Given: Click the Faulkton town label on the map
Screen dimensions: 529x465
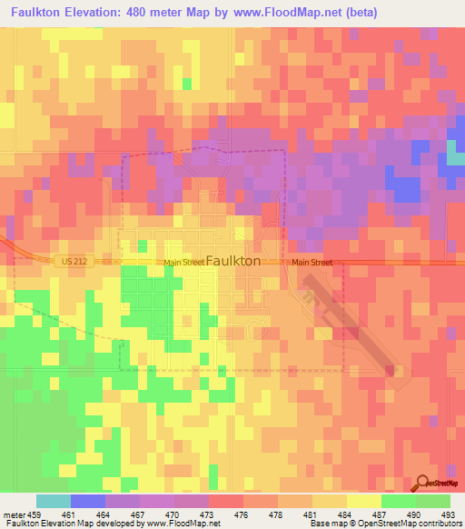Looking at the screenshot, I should [234, 260].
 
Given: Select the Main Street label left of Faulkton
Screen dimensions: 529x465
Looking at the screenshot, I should [184, 264].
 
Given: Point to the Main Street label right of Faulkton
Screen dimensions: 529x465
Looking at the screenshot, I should [312, 263].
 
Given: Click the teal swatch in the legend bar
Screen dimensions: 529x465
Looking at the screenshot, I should [54, 501].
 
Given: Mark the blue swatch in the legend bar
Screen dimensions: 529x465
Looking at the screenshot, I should [88, 501].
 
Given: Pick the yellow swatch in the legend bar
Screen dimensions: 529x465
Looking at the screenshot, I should [364, 501].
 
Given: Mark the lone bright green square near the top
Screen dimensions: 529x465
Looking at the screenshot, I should [187, 84].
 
